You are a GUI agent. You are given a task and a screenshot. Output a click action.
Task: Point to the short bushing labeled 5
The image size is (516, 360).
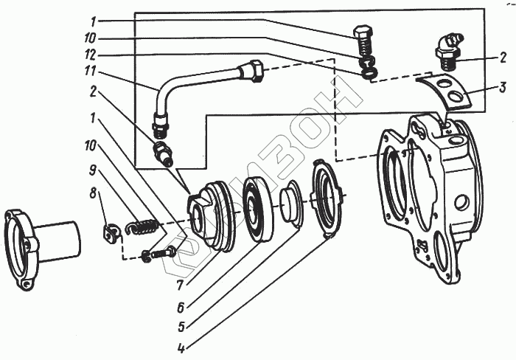click(x=290, y=207)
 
